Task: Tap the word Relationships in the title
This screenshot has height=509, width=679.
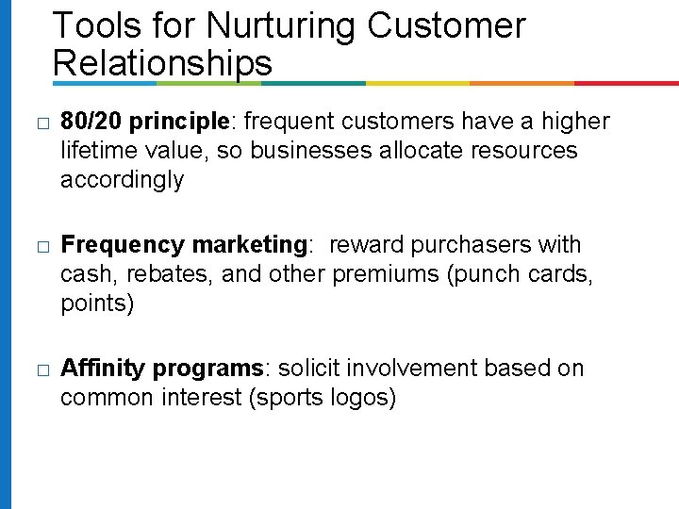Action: (x=162, y=63)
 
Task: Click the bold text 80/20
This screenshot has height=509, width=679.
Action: (x=91, y=122)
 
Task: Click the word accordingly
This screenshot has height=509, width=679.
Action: (x=122, y=179)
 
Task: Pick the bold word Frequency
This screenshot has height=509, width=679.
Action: (x=122, y=245)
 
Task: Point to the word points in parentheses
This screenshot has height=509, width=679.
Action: (x=93, y=304)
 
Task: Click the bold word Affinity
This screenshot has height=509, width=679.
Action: (x=103, y=368)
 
